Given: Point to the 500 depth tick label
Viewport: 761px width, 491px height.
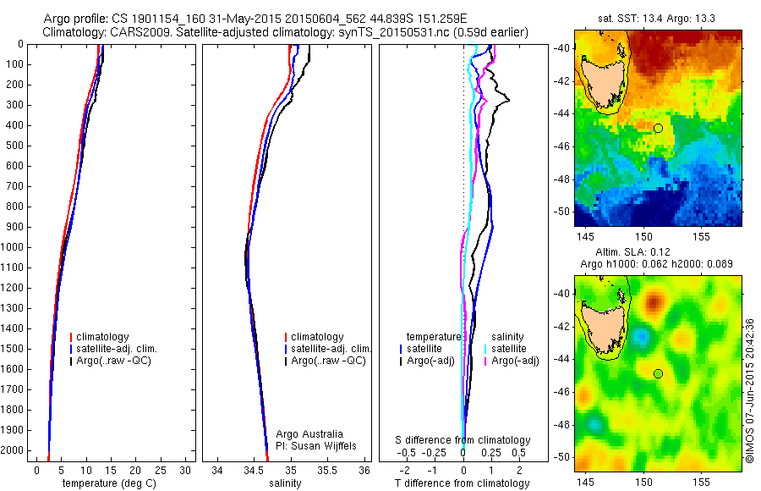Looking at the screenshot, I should point(15,146).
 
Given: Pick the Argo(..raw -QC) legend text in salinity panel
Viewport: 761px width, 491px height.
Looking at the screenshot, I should point(328,361).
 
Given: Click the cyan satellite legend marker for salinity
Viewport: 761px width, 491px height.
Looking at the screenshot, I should point(485,349).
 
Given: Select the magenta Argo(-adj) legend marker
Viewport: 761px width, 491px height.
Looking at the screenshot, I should point(485,361).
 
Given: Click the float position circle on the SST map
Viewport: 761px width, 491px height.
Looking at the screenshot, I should point(658,128).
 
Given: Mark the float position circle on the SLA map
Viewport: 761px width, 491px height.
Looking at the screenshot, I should point(658,373).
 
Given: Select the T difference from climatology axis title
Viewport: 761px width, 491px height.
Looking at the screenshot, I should point(462,483).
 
